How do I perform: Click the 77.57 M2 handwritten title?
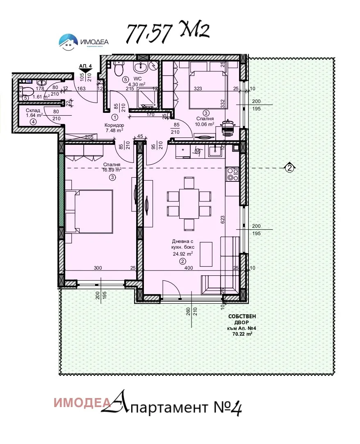(167, 32)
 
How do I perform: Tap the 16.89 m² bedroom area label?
(112, 169)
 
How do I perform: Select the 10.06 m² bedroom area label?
(205, 124)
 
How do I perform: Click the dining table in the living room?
(189, 203)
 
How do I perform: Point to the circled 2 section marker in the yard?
(289, 167)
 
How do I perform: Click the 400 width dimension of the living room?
(188, 268)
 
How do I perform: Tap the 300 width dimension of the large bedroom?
(97, 268)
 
